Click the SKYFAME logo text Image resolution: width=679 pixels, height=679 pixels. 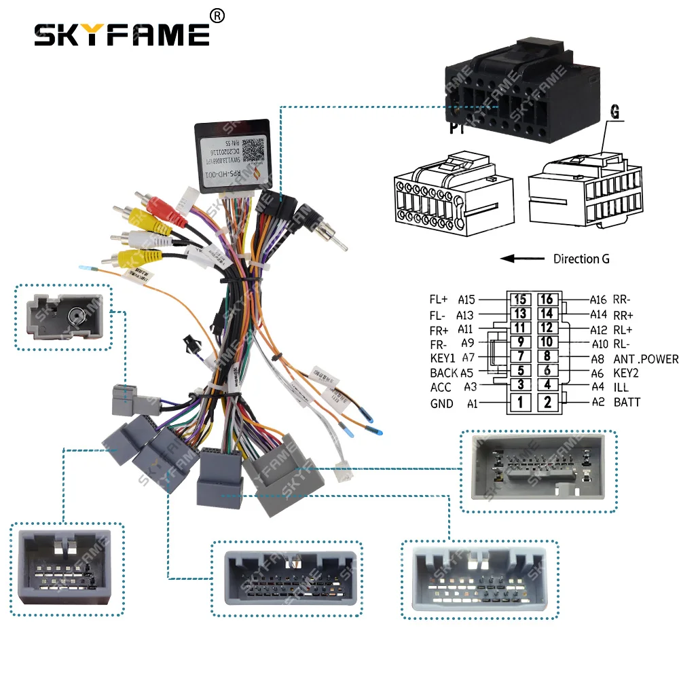(x=122, y=34)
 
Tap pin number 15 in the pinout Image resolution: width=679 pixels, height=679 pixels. (x=520, y=299)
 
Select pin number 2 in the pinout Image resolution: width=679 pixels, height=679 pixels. (x=548, y=402)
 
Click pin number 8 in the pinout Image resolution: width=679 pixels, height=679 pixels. (x=548, y=356)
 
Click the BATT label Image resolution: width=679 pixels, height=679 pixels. (x=627, y=402)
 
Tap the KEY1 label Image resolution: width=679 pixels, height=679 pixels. (x=443, y=358)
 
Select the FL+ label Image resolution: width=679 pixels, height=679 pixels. (x=439, y=299)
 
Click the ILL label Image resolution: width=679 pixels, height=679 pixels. (x=621, y=387)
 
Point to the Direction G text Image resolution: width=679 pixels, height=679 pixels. (x=581, y=259)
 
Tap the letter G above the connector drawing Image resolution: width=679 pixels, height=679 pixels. (x=615, y=113)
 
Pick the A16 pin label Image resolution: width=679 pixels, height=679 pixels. (x=598, y=299)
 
